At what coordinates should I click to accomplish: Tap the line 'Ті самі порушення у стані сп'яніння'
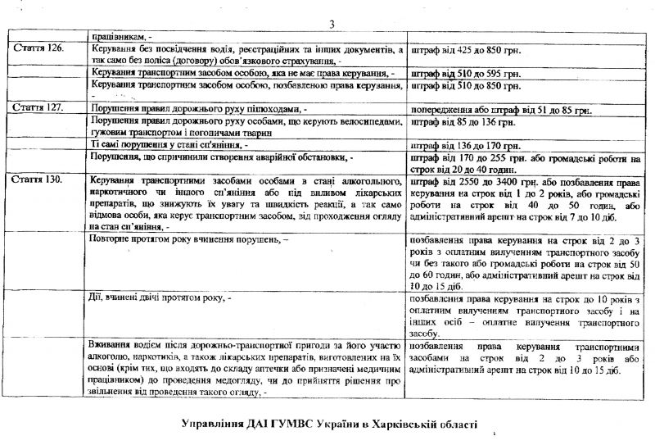point(162,143)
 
